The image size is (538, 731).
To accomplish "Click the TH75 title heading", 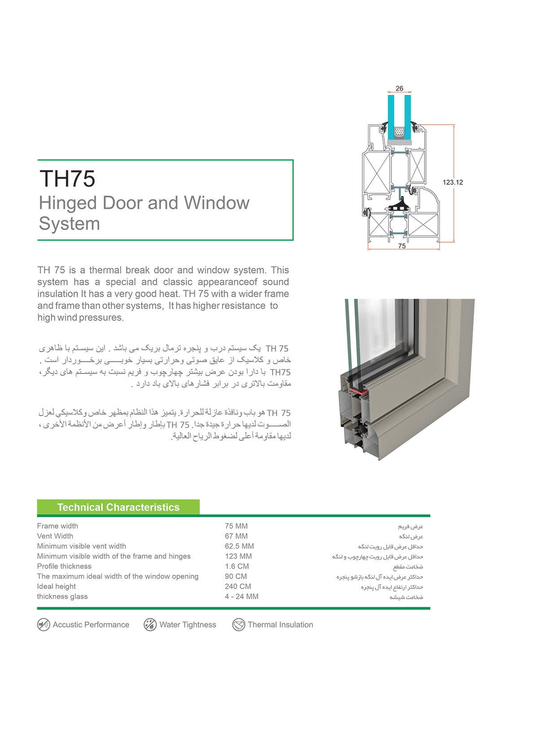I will pos(67,178).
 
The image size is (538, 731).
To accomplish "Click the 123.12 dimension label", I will pos(452,182).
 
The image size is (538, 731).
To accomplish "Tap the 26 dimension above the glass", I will pos(399,88).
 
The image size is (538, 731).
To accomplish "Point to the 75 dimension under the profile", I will pos(402,246).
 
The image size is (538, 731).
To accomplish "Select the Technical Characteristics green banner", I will pos(118,507).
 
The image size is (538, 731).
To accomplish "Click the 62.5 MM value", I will pos(239,546).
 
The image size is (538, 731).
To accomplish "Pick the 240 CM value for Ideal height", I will pos(238,587).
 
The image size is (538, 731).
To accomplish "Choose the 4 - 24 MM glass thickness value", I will pos(242,596).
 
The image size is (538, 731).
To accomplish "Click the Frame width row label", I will pos(57,526).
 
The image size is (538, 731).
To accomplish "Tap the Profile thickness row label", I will pos(64,566).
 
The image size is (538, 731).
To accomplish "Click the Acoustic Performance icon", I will pos(43,625).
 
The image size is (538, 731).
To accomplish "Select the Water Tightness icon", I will pos(150,625).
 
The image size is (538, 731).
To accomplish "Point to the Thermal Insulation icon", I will pos(239,625).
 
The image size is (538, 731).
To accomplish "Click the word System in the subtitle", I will pos(69,223).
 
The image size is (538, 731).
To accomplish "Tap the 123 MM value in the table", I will pos(238,556).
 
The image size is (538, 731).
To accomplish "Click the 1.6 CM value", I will pos(237,566).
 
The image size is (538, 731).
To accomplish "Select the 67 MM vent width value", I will pos(236,536).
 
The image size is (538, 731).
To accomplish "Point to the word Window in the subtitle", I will pos(217,203).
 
